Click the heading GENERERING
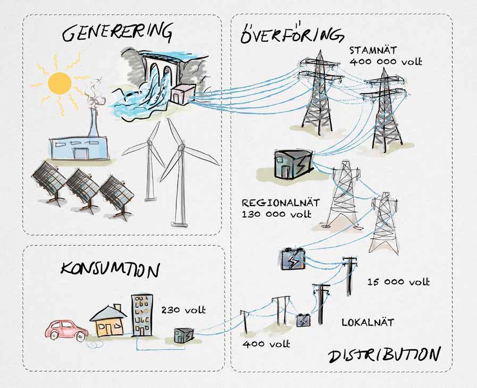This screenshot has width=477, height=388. pyautogui.click(x=117, y=33)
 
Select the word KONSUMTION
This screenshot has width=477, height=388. pyautogui.click(x=110, y=269)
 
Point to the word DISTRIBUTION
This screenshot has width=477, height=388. pyautogui.click(x=384, y=355)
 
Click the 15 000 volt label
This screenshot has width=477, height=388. pyautogui.click(x=398, y=282)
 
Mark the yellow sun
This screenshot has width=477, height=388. pyautogui.click(x=59, y=83)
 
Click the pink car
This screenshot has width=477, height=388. pyautogui.click(x=66, y=330)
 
